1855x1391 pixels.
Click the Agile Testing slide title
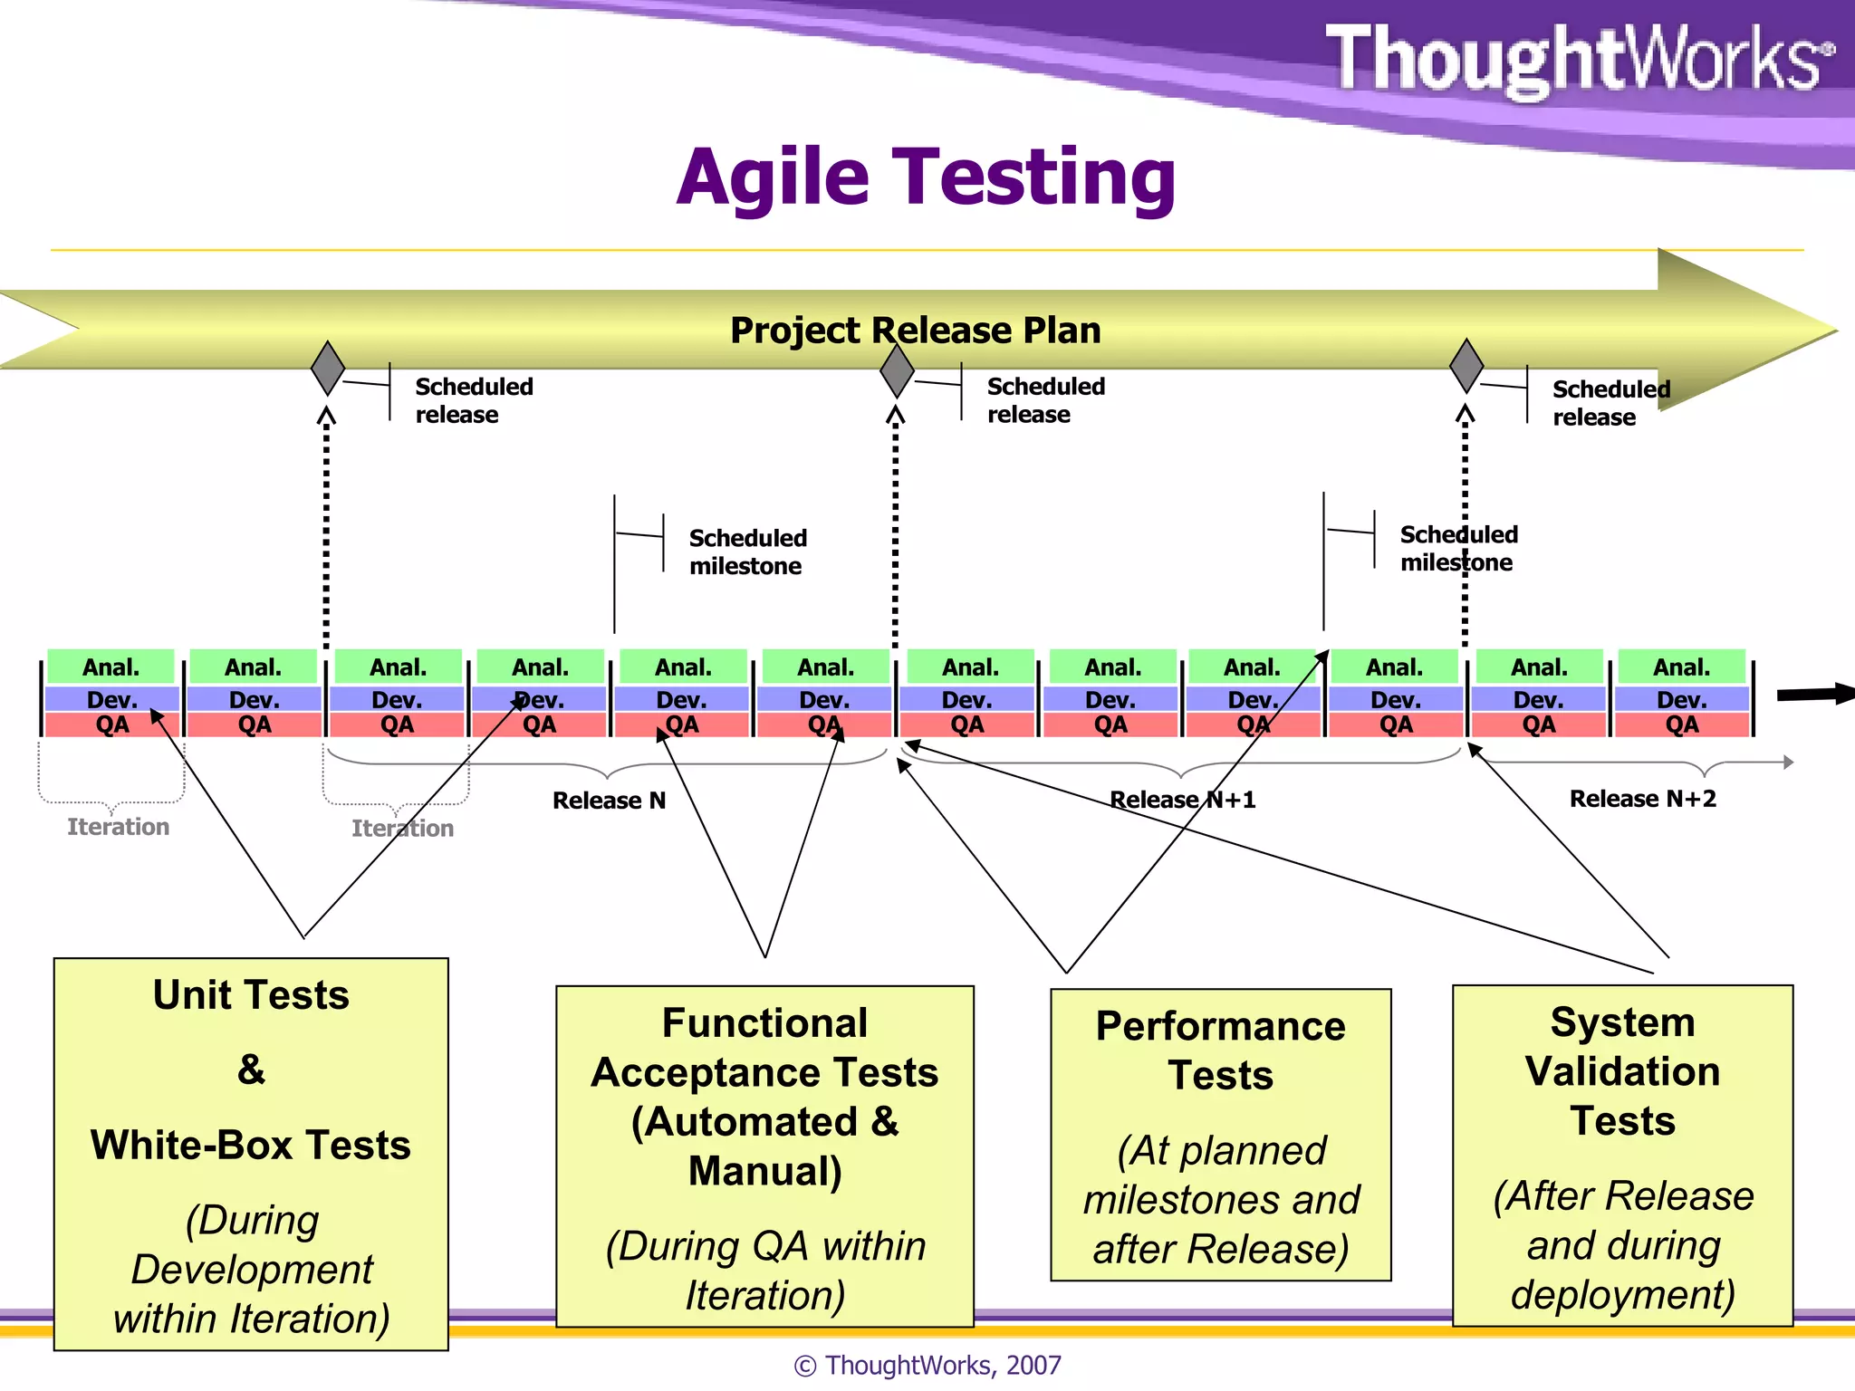[x=926, y=177]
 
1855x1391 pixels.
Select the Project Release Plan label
[x=915, y=331]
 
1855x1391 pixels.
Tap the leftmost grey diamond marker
[x=327, y=368]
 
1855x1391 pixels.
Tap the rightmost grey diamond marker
[x=1466, y=366]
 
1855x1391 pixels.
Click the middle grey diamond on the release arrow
[x=897, y=369]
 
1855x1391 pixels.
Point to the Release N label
[x=609, y=801]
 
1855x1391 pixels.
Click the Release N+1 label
[x=1182, y=800]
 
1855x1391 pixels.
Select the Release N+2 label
[x=1642, y=799]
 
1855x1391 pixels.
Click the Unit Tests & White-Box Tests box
[x=251, y=1154]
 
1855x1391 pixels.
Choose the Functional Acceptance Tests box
[x=764, y=1156]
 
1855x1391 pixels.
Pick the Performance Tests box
[x=1220, y=1134]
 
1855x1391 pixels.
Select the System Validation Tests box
[x=1622, y=1156]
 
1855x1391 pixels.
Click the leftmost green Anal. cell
[x=111, y=667]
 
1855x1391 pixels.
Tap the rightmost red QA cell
[x=1682, y=725]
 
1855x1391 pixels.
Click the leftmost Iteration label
[x=118, y=827]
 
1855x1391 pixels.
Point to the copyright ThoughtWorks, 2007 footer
[x=927, y=1365]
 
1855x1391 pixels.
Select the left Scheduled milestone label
[x=747, y=552]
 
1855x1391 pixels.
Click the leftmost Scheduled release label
[x=474, y=400]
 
